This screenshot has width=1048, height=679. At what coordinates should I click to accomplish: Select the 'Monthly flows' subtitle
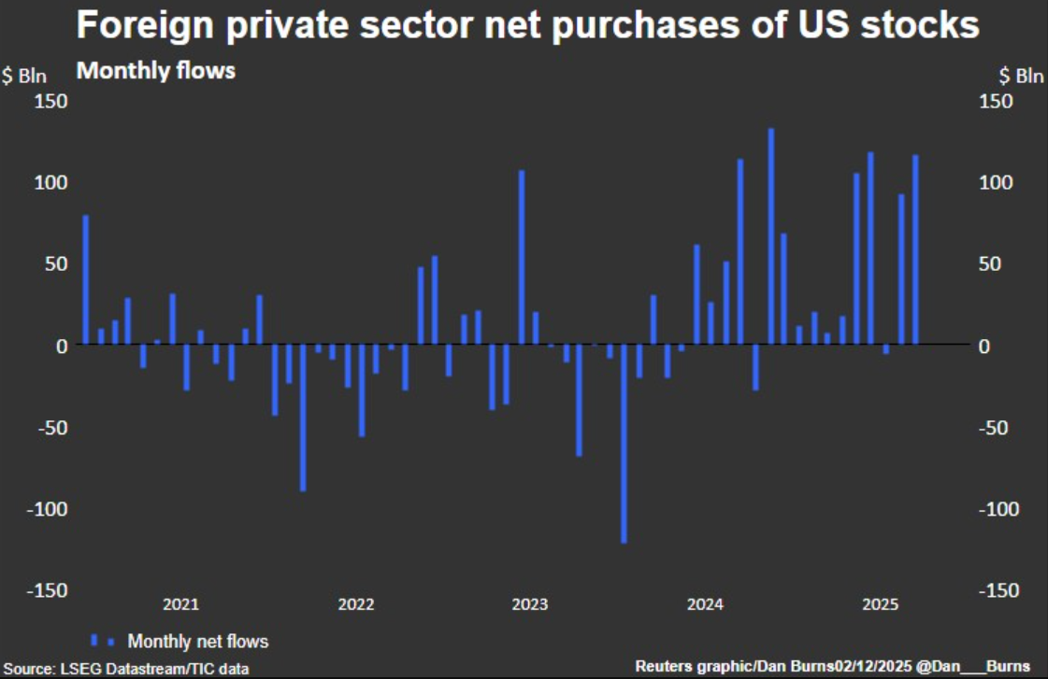(x=155, y=70)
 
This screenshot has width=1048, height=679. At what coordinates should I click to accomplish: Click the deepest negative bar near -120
(x=624, y=443)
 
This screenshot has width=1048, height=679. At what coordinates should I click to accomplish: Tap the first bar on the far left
(x=86, y=279)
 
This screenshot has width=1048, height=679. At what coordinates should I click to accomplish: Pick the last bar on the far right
(x=914, y=249)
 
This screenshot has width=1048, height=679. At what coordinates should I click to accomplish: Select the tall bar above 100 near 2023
(x=522, y=257)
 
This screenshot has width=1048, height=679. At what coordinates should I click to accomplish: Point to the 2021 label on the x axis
(x=180, y=604)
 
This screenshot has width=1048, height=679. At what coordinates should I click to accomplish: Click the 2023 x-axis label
(x=530, y=604)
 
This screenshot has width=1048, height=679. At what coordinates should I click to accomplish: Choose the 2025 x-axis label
(x=880, y=604)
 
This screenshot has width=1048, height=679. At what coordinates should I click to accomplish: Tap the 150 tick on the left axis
(x=51, y=101)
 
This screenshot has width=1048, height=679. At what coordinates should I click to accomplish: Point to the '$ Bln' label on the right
(x=1021, y=77)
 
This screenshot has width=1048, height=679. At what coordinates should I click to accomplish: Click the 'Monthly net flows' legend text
(x=197, y=641)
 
